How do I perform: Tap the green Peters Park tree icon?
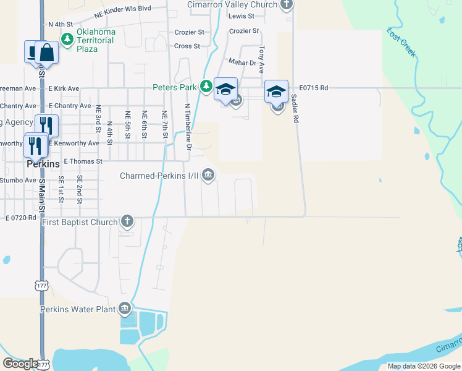208,87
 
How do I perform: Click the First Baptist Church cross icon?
127,221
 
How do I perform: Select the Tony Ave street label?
262,57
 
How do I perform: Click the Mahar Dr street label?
242,62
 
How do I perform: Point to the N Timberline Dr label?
188,127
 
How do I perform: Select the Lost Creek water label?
401,42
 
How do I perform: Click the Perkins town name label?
43,165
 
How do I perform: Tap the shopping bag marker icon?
47,52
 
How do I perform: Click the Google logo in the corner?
20,364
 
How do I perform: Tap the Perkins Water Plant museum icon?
125,308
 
